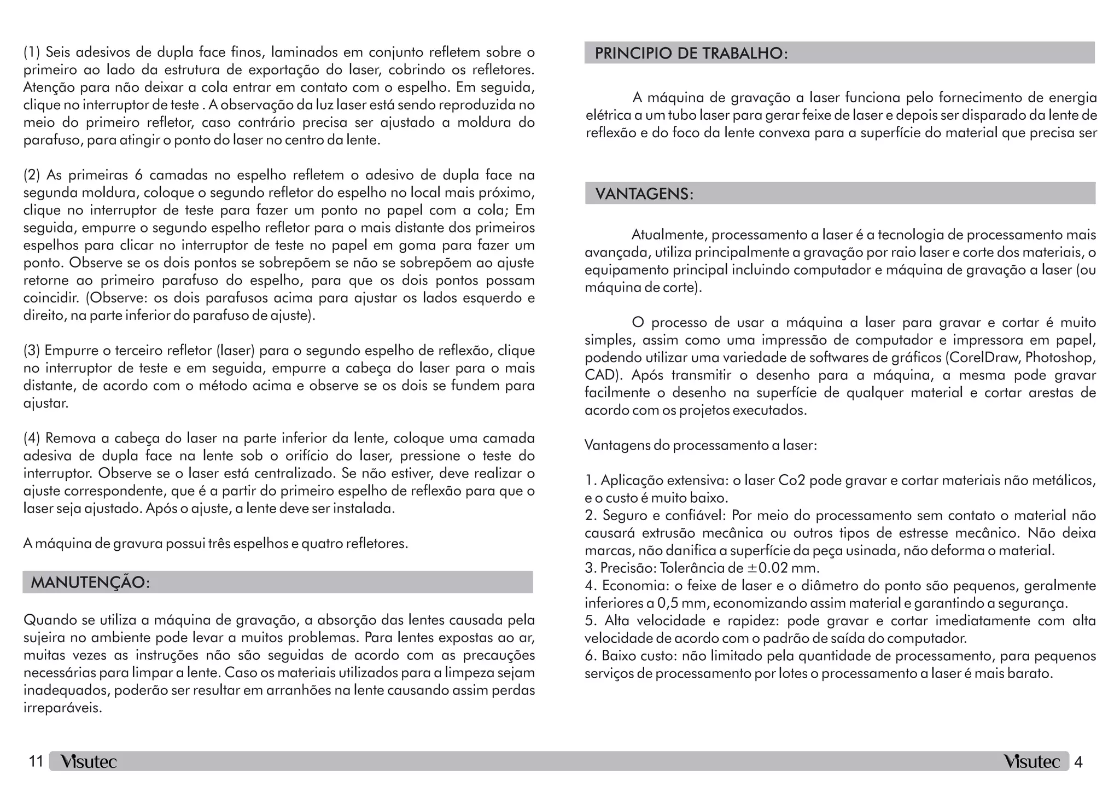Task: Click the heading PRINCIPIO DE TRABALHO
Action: click(691, 54)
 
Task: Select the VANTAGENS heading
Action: click(644, 194)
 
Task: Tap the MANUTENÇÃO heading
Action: click(90, 583)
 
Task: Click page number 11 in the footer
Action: click(36, 761)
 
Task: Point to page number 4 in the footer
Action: click(1078, 762)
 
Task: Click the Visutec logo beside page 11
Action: click(89, 762)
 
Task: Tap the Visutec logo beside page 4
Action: click(1031, 762)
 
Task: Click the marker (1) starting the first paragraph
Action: click(32, 53)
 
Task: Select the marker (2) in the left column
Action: click(32, 175)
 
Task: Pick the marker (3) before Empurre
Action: click(32, 350)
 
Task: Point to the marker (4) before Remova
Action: click(32, 438)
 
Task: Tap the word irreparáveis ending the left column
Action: click(62, 708)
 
